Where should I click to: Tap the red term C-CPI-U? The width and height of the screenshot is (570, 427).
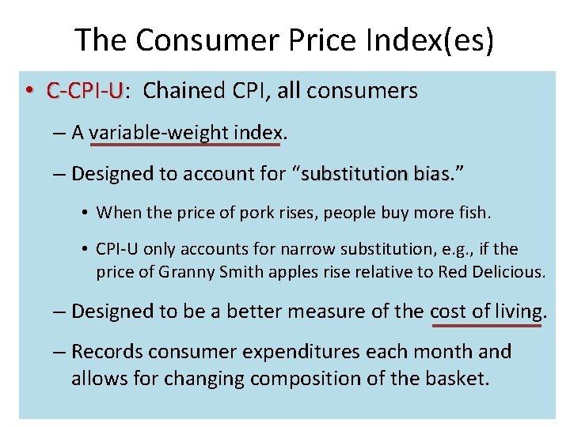pyautogui.click(x=85, y=91)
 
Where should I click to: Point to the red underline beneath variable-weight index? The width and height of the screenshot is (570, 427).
pyautogui.click(x=185, y=145)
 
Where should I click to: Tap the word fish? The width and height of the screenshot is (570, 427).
pyautogui.click(x=473, y=212)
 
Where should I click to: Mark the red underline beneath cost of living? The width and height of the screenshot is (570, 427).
pyautogui.click(x=485, y=324)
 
